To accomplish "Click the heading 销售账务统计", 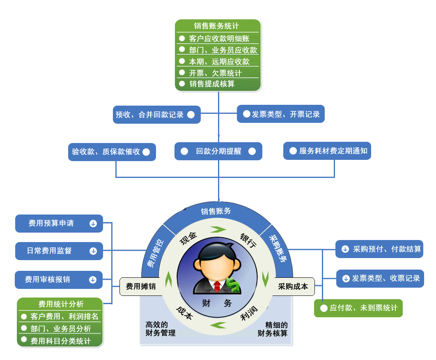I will click(218, 26).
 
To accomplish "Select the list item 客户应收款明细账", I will click(219, 39).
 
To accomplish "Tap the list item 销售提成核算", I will click(212, 84).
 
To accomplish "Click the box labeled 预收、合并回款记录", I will click(156, 115).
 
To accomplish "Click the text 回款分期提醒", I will click(218, 151).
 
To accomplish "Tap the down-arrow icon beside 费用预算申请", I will click(93, 224).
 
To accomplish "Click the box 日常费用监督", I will click(58, 251).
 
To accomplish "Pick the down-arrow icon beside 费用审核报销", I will click(93, 280).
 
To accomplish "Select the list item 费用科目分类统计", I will click(60, 341).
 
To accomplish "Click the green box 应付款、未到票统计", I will click(358, 308).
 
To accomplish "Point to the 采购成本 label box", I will click(293, 286).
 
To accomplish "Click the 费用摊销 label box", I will click(140, 286).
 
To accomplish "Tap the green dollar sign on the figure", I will click(234, 285).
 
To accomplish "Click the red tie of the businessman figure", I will click(217, 286).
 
